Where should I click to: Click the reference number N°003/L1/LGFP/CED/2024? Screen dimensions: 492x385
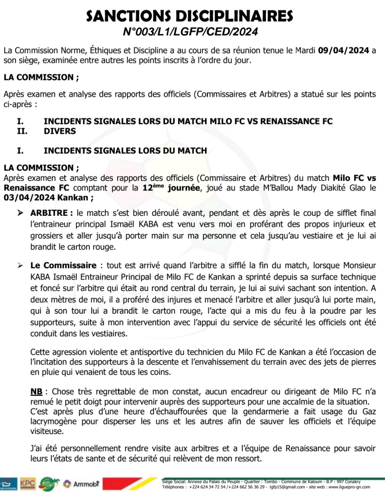pyautogui.click(x=190, y=32)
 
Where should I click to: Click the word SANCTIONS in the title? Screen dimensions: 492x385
pyautogui.click(x=129, y=16)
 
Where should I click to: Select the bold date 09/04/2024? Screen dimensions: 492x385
pyautogui.click(x=343, y=50)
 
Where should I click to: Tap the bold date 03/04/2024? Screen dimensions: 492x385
pyautogui.click(x=29, y=198)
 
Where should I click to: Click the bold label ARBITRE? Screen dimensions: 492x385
pyautogui.click(x=49, y=213)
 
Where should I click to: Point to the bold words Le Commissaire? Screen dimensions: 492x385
pyautogui.click(x=63, y=265)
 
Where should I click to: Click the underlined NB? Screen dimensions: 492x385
pyautogui.click(x=36, y=391)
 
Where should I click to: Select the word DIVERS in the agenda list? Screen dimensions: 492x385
pyautogui.click(x=60, y=131)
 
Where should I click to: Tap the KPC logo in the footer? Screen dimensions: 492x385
pyautogui.click(x=28, y=484)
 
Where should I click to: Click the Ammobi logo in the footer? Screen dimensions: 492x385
pyautogui.click(x=82, y=484)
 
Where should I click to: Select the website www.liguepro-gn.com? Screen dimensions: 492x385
pyautogui.click(x=349, y=487)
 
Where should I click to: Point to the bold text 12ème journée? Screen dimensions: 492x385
pyautogui.click(x=171, y=188)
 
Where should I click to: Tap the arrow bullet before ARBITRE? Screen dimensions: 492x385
pyautogui.click(x=21, y=213)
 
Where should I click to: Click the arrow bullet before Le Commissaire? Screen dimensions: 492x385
pyautogui.click(x=21, y=265)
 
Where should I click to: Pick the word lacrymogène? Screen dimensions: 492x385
pyautogui.click(x=53, y=421)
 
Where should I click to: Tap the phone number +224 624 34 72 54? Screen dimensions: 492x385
pyautogui.click(x=207, y=487)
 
